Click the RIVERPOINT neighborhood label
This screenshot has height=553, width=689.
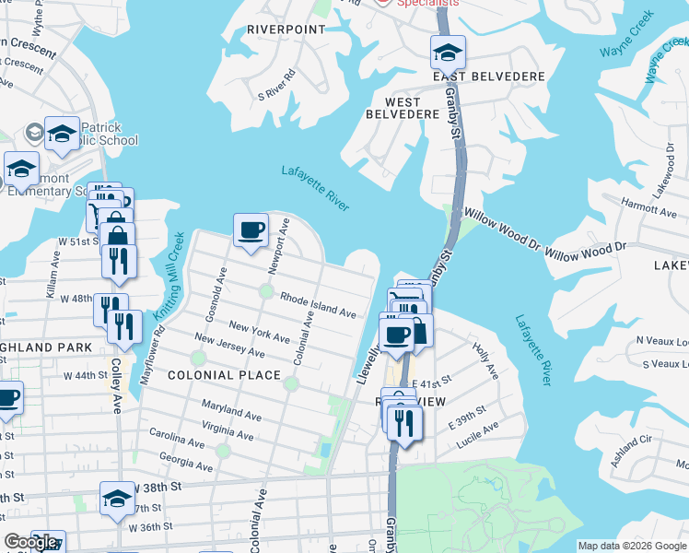286,29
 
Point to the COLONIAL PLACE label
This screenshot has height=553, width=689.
224,375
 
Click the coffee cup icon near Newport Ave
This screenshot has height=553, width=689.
251,230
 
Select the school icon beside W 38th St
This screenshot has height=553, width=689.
117,499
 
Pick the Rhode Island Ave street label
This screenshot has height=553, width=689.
318,306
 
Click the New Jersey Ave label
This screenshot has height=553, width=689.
229,347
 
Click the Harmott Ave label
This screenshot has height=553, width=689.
624,210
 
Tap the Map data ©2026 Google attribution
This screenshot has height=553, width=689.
632,546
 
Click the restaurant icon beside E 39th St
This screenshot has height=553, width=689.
404,422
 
